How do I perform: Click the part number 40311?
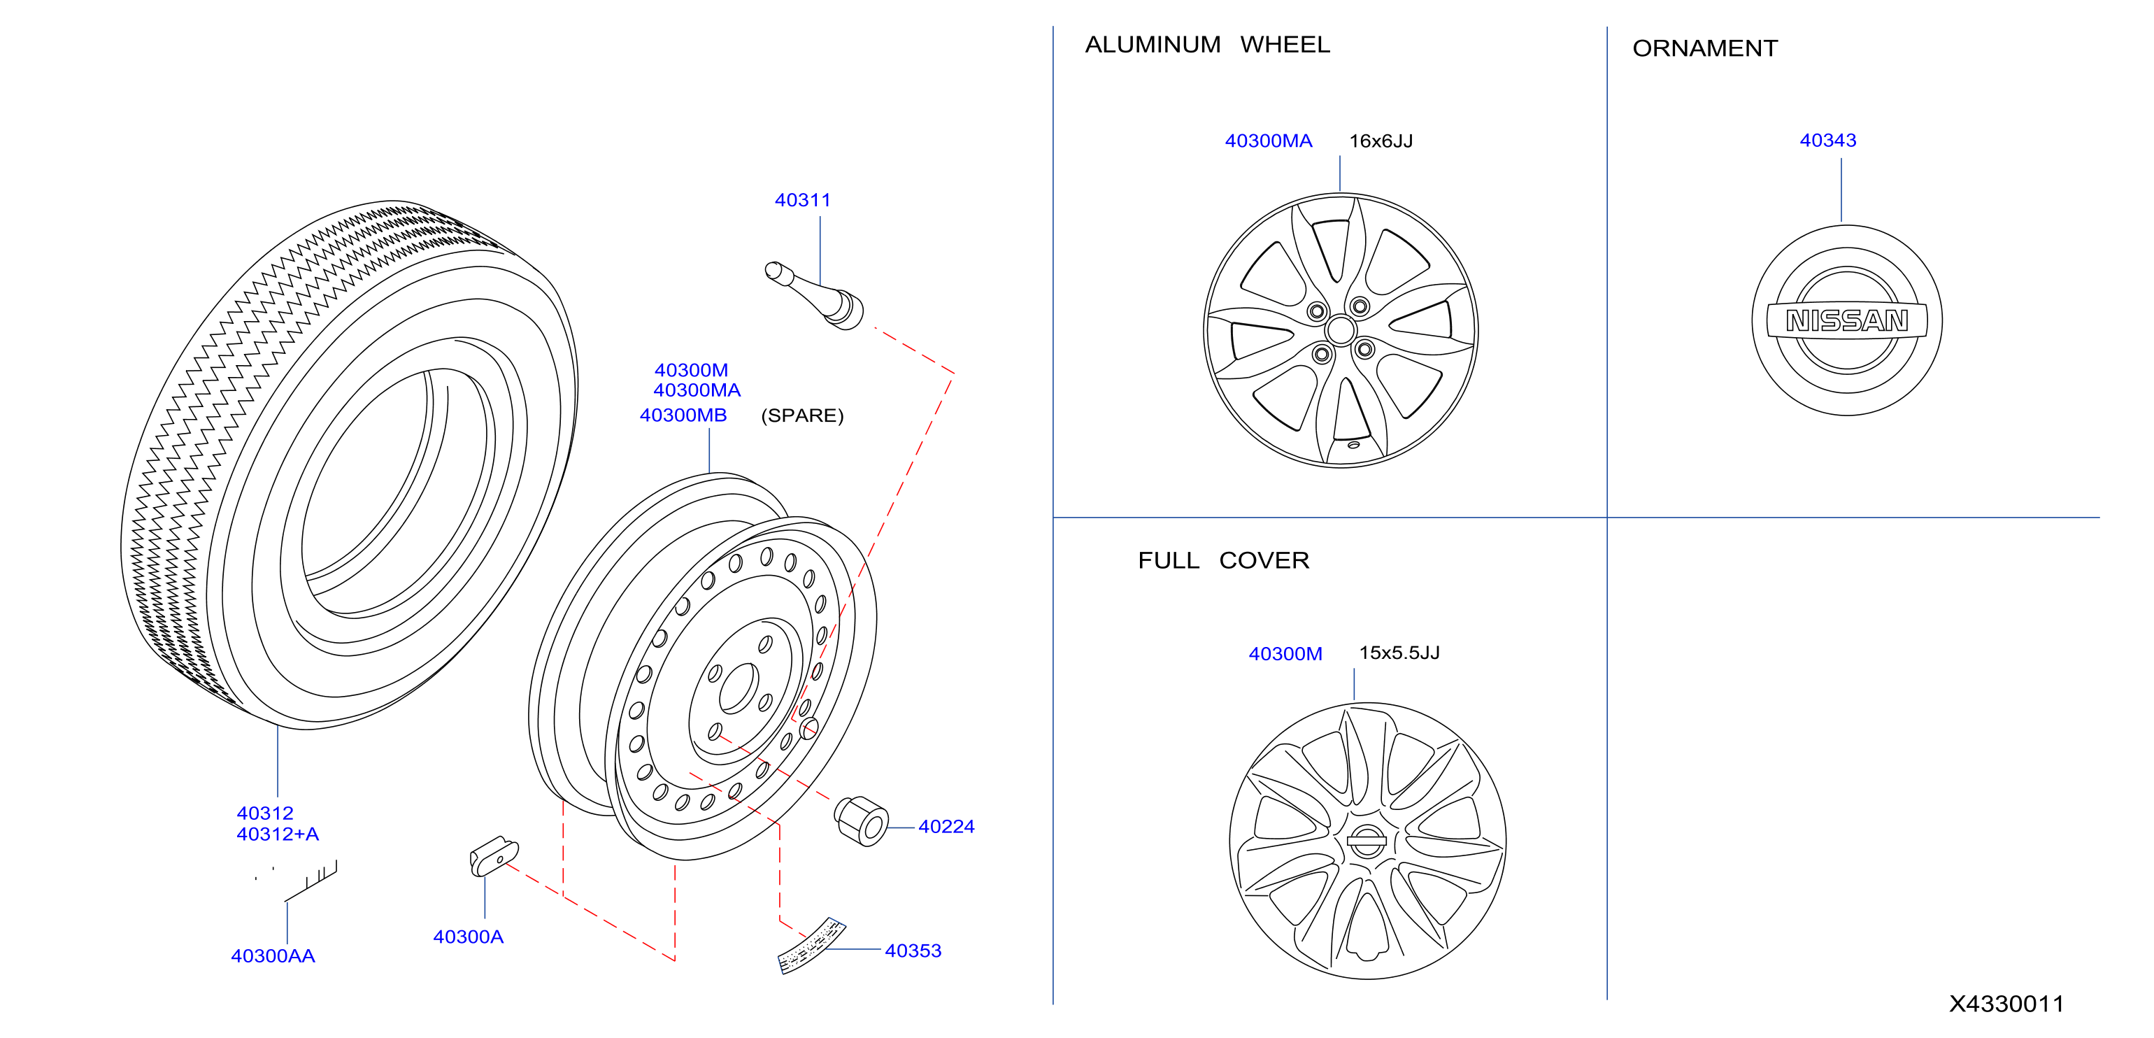click(802, 200)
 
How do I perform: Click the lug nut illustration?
click(862, 820)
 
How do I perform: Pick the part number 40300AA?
click(273, 955)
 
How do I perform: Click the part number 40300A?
click(469, 937)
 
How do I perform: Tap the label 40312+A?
click(278, 834)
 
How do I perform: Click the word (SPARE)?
click(802, 415)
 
